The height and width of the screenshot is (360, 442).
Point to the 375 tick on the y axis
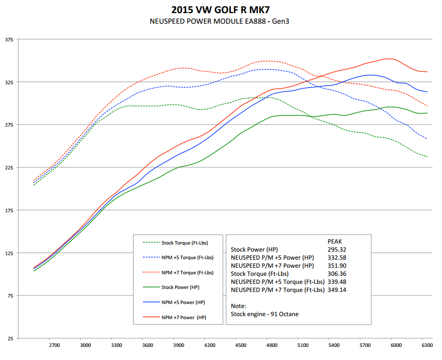point(9,39)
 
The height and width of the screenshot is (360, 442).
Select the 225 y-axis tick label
point(9,167)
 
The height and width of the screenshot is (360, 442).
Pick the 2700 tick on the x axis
point(54,346)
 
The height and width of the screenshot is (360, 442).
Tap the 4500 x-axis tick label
point(241,346)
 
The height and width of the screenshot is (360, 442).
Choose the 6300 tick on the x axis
point(427,346)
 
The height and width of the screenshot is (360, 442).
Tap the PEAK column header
point(336,242)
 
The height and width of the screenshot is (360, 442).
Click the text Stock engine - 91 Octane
point(264,314)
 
